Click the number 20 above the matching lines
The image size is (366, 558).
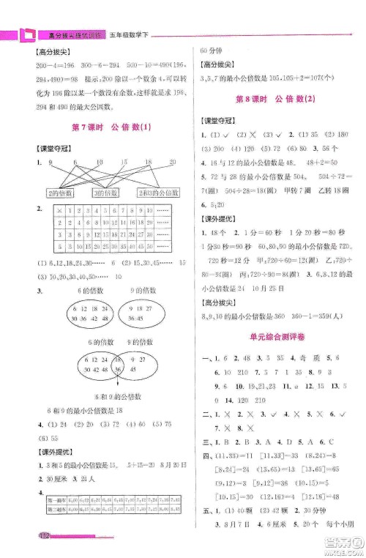tap(173, 162)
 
